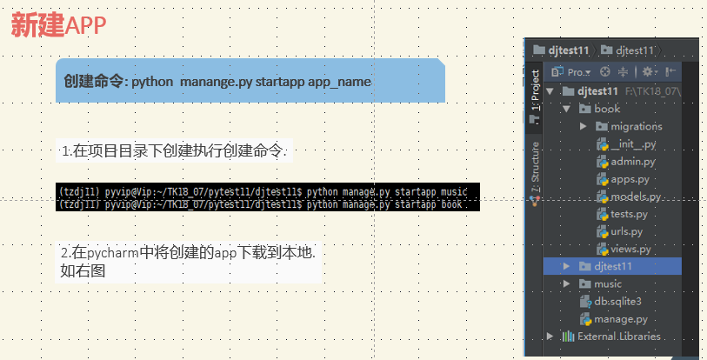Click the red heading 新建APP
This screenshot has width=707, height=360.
(x=58, y=25)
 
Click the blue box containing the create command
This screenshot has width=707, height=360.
(x=250, y=81)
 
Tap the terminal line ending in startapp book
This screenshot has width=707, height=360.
(x=261, y=204)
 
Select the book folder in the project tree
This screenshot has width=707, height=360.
(x=606, y=109)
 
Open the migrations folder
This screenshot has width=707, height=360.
(x=636, y=126)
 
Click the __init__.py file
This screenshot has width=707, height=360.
(x=632, y=144)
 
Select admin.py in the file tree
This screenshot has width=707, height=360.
(x=632, y=162)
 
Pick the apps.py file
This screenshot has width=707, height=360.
(x=630, y=179)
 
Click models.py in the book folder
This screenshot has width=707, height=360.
(x=636, y=197)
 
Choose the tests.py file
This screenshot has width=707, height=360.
(x=629, y=214)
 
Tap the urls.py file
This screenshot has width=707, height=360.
(x=626, y=231)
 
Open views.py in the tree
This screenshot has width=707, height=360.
(x=630, y=249)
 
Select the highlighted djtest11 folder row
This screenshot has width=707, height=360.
(x=613, y=266)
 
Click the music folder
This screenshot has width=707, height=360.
(x=607, y=283)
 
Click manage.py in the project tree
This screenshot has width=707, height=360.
(x=620, y=319)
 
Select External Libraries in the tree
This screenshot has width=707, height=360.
(x=618, y=337)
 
